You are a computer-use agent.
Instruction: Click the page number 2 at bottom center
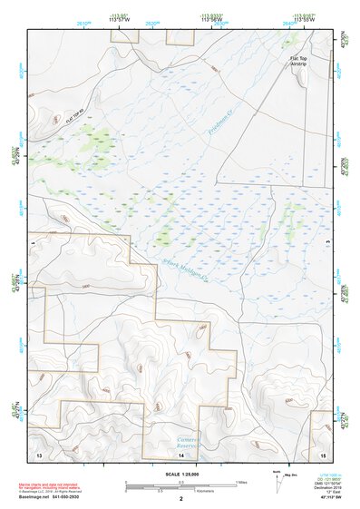[x=180, y=498]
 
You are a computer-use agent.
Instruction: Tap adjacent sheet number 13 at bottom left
[x=38, y=452]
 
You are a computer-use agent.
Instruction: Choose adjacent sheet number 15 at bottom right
[x=322, y=452]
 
